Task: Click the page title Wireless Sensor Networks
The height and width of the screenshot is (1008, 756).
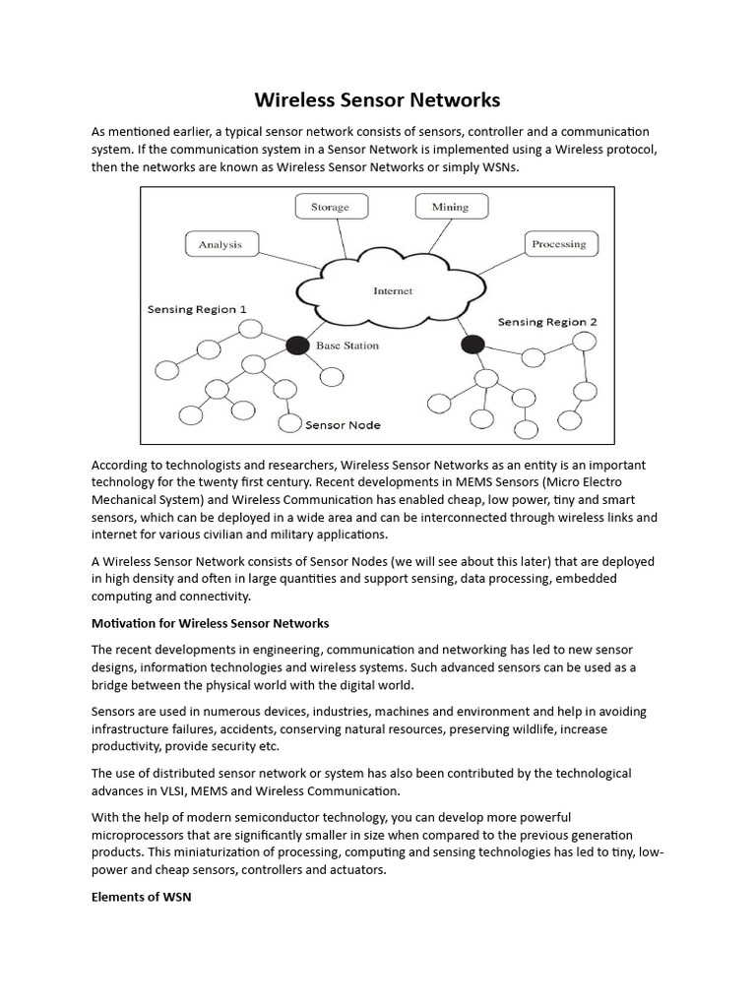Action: [x=378, y=100]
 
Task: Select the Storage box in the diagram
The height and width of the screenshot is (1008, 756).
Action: [x=330, y=207]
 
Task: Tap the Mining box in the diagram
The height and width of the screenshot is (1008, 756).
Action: [x=450, y=207]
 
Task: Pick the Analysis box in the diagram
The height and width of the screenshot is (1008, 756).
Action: [x=220, y=244]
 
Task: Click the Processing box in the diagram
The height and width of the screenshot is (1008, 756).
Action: [x=558, y=244]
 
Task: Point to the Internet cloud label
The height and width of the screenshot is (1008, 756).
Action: [x=393, y=290]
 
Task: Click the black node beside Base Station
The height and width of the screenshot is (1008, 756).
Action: [x=296, y=346]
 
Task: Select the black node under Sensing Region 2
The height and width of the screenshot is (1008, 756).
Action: [x=472, y=345]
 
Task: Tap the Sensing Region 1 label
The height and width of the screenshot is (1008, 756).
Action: [x=197, y=309]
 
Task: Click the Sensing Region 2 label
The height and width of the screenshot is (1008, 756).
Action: [x=547, y=322]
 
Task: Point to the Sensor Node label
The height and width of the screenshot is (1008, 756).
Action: [x=343, y=425]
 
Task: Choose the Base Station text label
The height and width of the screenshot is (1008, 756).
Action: [x=347, y=346]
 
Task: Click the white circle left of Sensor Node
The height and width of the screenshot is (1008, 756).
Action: [x=289, y=423]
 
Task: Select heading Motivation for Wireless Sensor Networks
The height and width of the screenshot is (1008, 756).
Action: [x=210, y=623]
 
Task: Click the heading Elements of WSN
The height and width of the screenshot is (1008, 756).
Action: [x=134, y=898]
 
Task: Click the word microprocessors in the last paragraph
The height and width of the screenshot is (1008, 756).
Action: [x=140, y=835]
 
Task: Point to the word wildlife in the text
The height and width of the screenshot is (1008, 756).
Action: [x=541, y=728]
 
